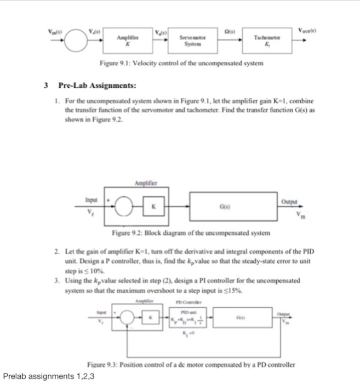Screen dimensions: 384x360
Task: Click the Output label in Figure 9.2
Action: point(295,202)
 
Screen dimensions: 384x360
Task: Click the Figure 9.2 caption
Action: point(181,233)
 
